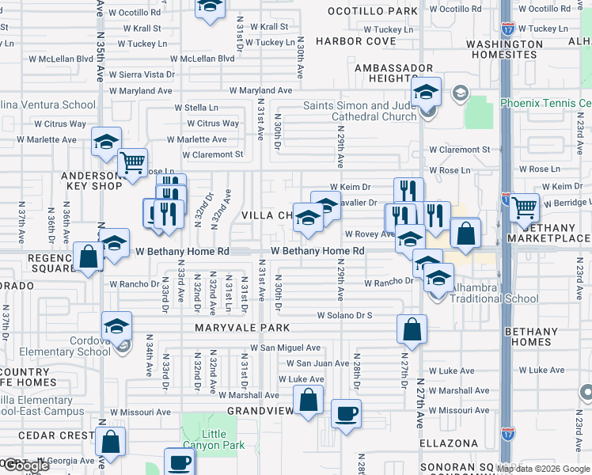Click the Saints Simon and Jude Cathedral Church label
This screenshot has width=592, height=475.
click(361, 111)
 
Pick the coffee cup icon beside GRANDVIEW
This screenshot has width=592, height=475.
click(346, 413)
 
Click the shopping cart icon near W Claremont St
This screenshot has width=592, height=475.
click(132, 163)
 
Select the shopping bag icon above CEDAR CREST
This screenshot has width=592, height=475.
click(110, 442)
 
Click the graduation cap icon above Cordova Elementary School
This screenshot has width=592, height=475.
click(116, 325)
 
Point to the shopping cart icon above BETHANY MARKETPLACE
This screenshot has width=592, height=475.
click(525, 207)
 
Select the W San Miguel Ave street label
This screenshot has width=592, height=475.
click(285, 348)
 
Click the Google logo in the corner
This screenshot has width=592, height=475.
click(26, 465)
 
